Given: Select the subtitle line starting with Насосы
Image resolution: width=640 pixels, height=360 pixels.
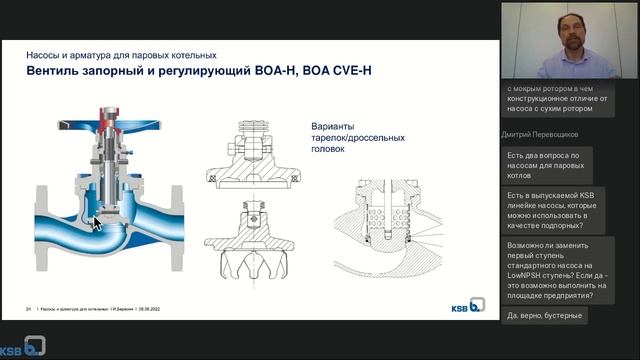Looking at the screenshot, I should pos(120,55).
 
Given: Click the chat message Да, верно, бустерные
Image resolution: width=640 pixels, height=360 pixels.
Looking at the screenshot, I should pos(544,316).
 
